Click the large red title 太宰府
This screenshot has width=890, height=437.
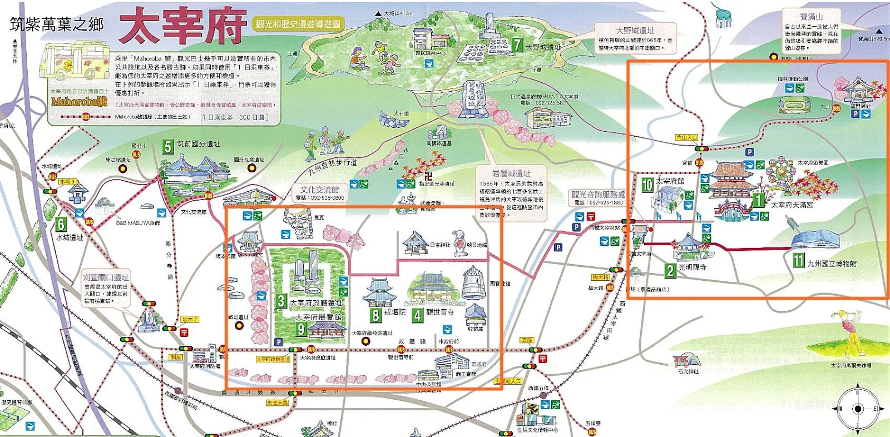click(182, 26)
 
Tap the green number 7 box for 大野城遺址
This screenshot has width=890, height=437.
click(517, 44)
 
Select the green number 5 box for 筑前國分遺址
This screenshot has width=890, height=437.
click(167, 146)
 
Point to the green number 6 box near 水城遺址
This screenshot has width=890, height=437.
click(61, 224)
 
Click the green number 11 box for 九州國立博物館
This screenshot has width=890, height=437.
click(799, 260)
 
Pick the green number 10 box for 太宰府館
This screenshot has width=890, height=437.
click(647, 185)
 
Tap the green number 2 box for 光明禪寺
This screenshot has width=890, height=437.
click(670, 270)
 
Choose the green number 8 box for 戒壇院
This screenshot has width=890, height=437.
click(375, 315)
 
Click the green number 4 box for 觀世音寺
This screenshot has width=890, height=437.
click(418, 315)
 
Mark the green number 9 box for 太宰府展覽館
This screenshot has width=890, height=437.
click(301, 329)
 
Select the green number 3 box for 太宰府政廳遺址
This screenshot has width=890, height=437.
click(281, 301)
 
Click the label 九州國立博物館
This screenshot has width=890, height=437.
click(832, 264)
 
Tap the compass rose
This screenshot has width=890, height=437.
click(857, 409)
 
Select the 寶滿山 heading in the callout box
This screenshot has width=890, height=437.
click(811, 17)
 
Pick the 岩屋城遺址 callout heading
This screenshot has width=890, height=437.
click(511, 173)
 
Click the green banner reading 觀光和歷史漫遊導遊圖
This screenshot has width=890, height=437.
click(298, 24)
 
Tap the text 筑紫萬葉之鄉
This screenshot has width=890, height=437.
click(57, 24)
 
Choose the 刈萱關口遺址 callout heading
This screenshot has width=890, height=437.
click(106, 277)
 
